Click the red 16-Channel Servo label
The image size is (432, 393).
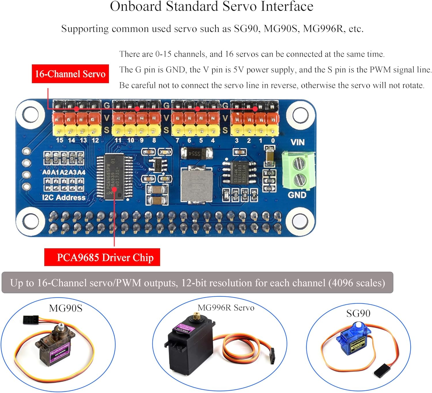coord(70,74)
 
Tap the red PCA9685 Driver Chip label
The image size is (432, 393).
coord(102,257)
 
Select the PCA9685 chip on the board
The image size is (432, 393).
coord(114,176)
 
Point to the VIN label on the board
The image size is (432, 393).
coord(298,142)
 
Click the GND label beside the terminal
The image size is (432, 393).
coord(297,195)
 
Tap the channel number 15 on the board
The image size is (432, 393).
coord(60,140)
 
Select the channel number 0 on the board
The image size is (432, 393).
coord(273,141)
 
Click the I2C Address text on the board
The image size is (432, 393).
coord(64,198)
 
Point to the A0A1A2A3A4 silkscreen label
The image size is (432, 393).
coord(64,172)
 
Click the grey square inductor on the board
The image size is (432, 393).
coord(196,185)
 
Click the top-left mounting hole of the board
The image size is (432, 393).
coord(30,115)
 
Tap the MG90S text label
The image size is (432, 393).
coord(66,308)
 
